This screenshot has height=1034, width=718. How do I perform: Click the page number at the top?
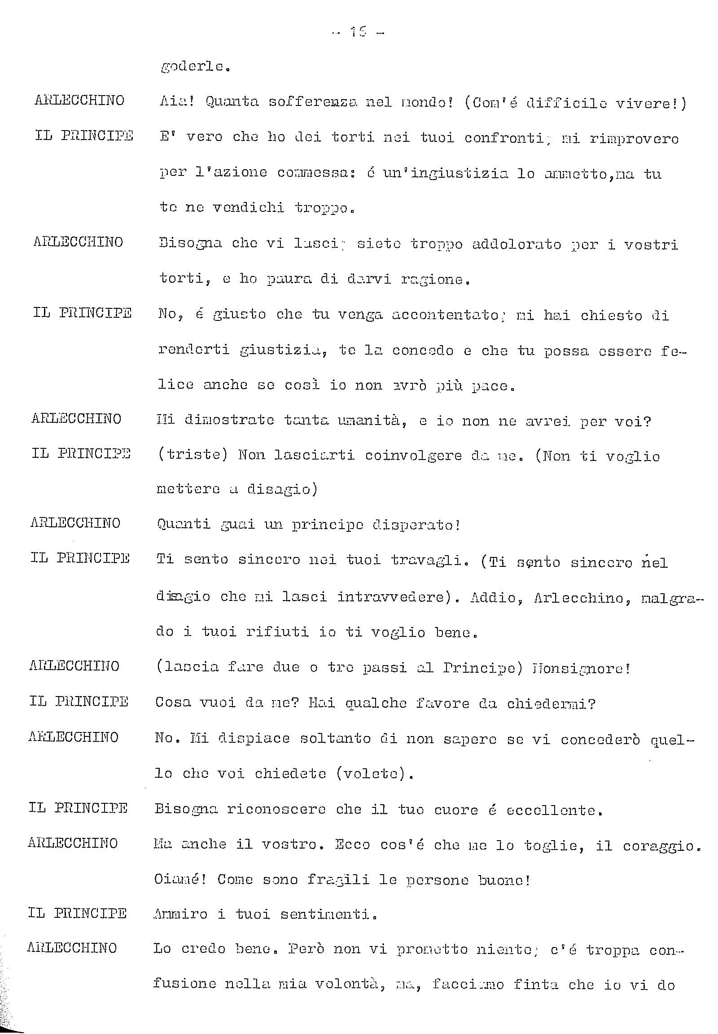point(358,32)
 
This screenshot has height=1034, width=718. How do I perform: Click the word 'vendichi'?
point(248,208)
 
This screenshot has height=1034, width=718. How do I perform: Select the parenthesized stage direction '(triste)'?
point(192,456)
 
